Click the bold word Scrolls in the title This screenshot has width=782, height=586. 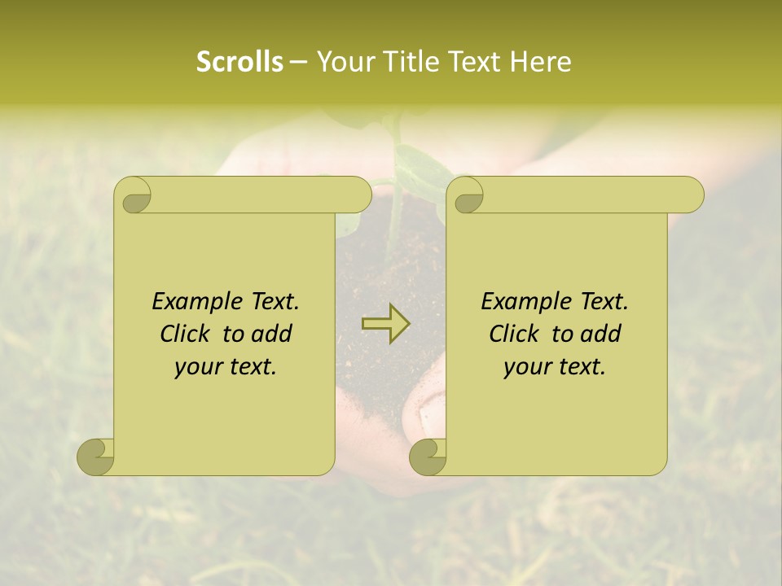click(x=239, y=62)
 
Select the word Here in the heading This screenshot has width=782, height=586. click(x=540, y=62)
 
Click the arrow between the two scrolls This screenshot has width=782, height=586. click(x=386, y=324)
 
